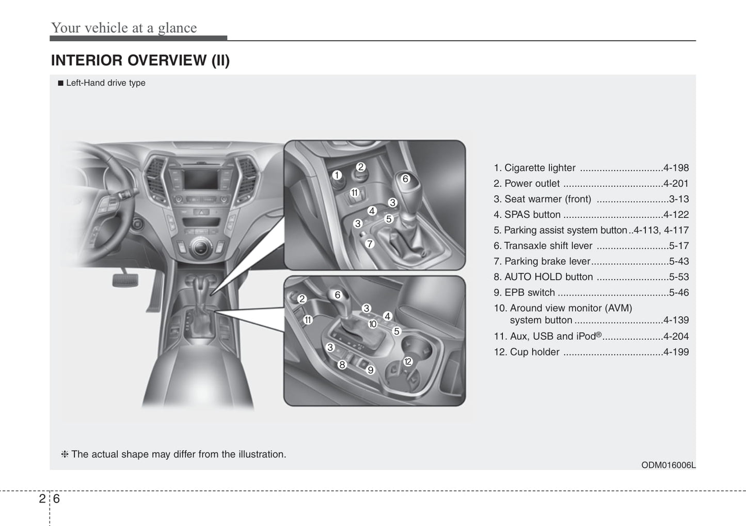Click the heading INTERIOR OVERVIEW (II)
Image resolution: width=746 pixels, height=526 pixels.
140,60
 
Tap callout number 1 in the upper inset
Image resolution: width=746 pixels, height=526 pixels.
337,176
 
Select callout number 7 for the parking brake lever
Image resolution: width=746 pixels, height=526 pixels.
370,244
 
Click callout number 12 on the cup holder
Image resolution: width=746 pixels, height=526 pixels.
408,361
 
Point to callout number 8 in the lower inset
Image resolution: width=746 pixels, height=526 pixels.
342,365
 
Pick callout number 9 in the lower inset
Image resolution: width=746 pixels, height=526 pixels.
370,370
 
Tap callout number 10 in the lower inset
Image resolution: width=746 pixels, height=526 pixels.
373,324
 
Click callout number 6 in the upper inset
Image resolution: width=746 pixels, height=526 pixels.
406,179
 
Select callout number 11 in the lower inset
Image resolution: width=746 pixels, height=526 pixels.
308,320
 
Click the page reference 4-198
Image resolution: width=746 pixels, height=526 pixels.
676,168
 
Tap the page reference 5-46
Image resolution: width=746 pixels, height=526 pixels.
678,293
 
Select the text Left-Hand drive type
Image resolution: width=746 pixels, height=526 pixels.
105,83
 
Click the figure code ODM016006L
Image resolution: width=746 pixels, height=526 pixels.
668,465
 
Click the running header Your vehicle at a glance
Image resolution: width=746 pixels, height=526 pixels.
124,28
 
